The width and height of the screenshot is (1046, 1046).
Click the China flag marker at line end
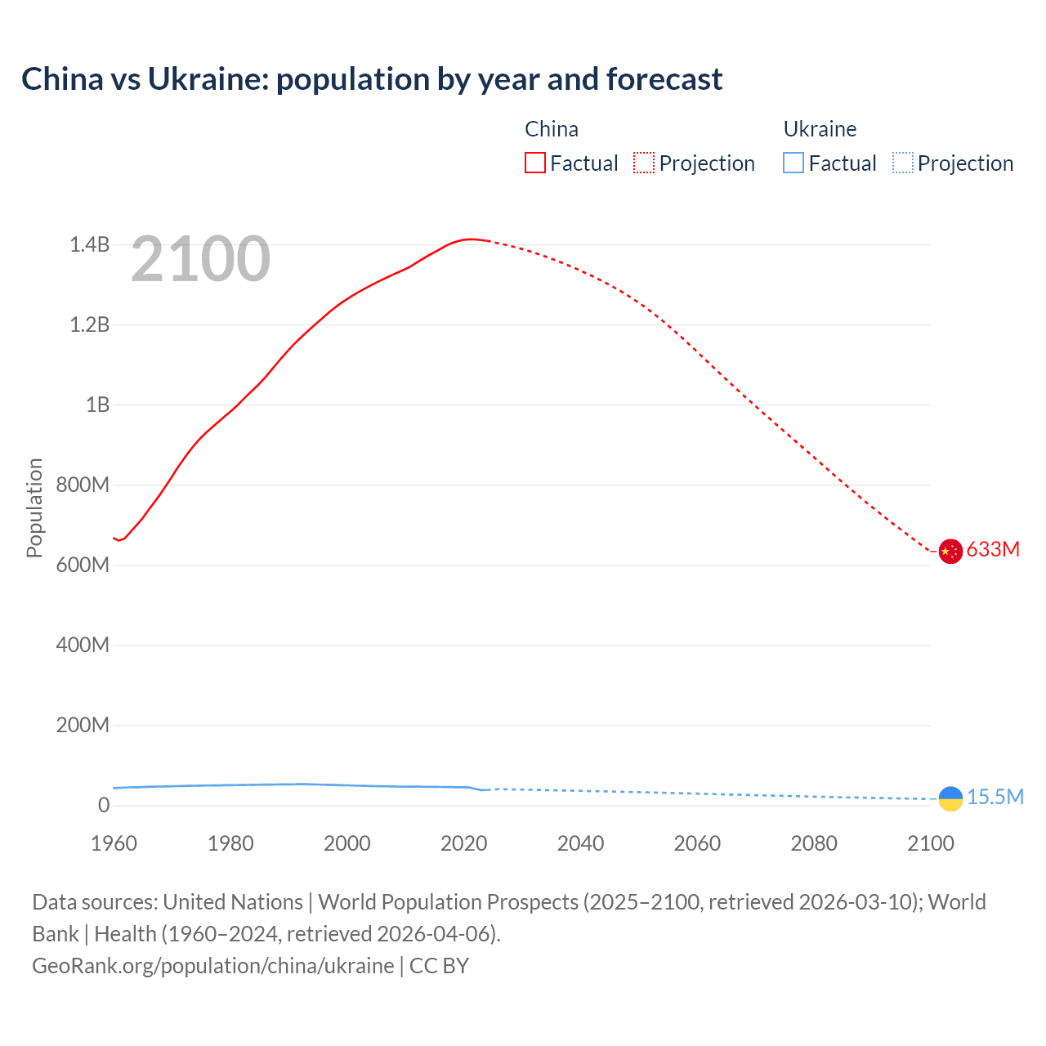point(950,552)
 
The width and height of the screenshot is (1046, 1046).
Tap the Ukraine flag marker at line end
point(950,798)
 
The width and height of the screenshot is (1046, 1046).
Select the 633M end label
point(993,549)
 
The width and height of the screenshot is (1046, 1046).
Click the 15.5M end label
point(995,797)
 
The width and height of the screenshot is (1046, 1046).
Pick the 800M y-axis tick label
point(83,485)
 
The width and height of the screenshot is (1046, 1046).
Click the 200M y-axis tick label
point(83,725)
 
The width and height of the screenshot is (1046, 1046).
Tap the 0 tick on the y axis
point(104,805)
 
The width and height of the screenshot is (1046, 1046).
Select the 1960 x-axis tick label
point(114,843)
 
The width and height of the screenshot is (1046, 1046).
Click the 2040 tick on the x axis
point(580,843)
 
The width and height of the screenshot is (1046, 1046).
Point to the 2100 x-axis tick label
point(930,843)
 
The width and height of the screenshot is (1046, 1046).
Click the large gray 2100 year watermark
point(200,259)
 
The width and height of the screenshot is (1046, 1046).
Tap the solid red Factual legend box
point(535,163)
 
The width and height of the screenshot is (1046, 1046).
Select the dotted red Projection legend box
point(644,163)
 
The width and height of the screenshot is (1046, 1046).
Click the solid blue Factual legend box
point(793,163)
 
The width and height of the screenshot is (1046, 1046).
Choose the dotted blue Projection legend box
point(902,163)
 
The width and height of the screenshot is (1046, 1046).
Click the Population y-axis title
point(34,507)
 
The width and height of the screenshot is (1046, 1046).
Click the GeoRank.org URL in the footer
point(213,965)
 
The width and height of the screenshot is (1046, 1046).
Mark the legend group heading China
point(552,129)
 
